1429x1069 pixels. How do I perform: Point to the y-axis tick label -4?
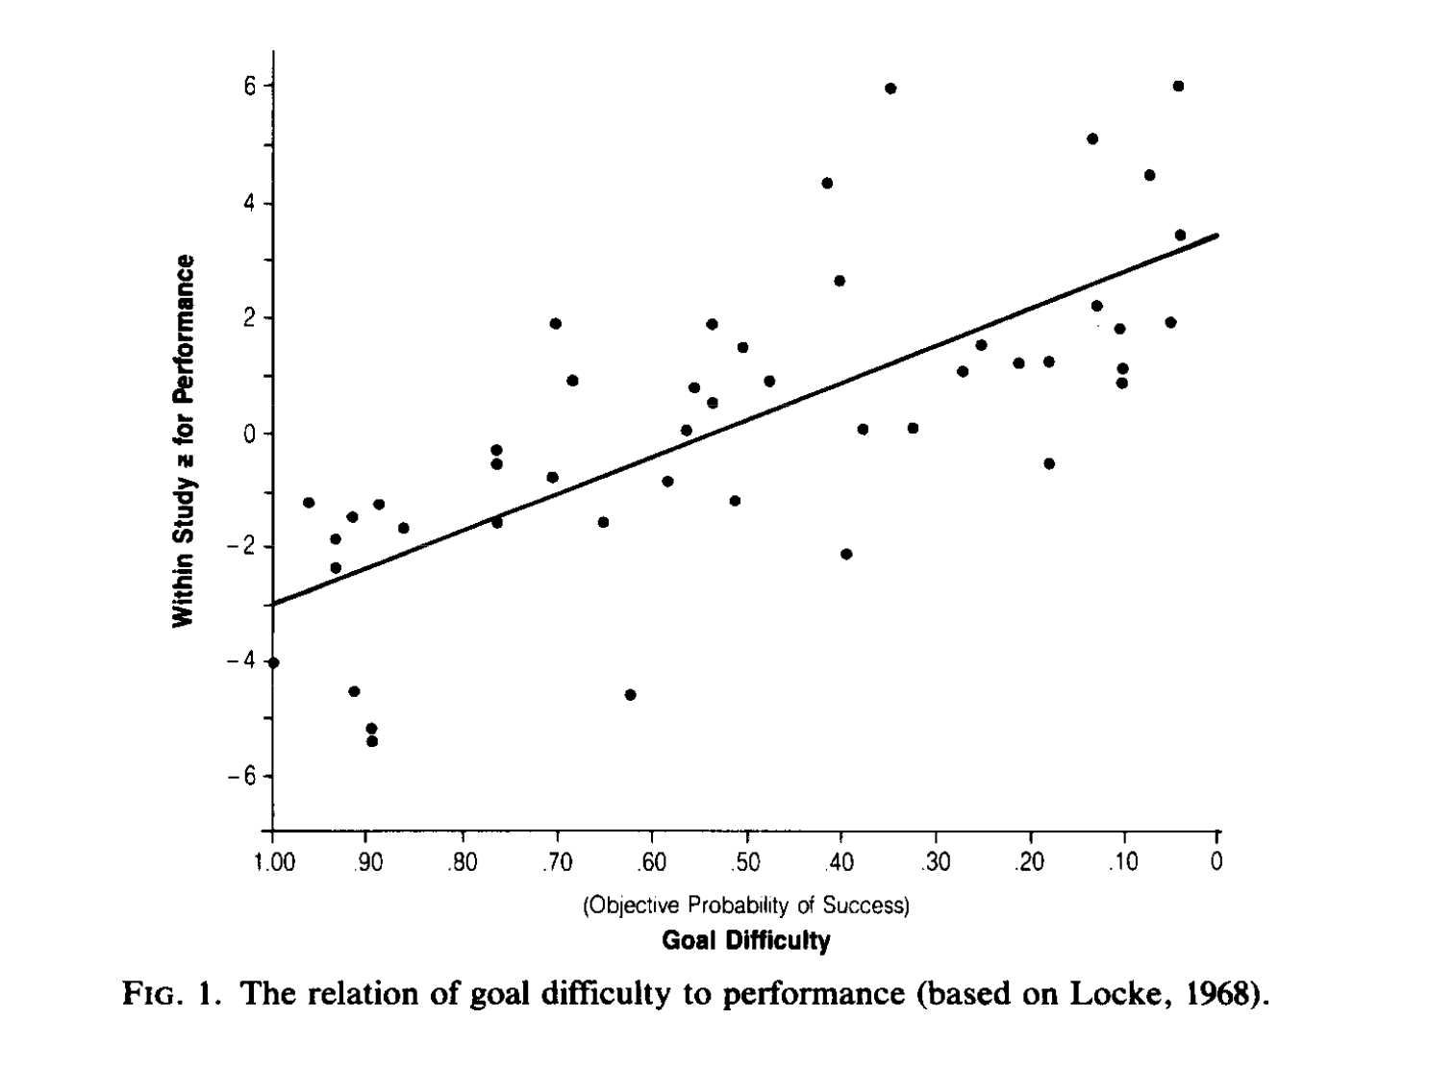click(239, 661)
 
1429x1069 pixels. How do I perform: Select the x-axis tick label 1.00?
click(272, 861)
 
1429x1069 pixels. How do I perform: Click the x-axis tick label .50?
click(745, 861)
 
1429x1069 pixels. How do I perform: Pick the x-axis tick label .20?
click(1029, 861)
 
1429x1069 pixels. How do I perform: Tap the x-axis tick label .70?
click(556, 861)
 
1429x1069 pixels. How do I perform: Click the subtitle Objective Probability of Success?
click(745, 905)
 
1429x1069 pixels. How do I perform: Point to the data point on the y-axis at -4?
click(273, 662)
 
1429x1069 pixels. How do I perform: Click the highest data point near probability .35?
click(890, 88)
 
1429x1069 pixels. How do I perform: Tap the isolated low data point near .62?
click(630, 694)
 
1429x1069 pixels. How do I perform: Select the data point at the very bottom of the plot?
click(372, 741)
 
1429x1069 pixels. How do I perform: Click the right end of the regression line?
click(1216, 235)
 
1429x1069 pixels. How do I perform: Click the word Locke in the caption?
click(1104, 992)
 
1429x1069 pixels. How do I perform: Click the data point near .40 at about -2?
click(846, 554)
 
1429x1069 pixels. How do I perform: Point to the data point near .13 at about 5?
click(1092, 138)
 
